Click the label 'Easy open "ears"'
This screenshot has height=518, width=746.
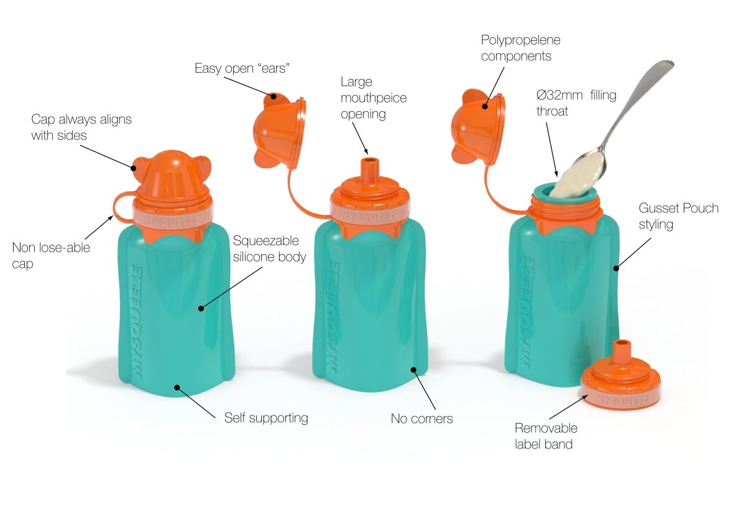[x=242, y=68]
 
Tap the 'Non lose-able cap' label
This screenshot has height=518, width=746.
[x=51, y=255]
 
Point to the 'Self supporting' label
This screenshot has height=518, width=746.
[x=265, y=417]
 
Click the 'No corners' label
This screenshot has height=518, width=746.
[x=421, y=419]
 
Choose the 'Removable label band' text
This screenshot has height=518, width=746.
[x=546, y=436]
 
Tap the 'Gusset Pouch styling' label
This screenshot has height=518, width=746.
[x=678, y=216]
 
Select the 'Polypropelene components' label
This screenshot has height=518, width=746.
[x=520, y=48]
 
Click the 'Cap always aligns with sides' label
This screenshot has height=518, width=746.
[x=81, y=127]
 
